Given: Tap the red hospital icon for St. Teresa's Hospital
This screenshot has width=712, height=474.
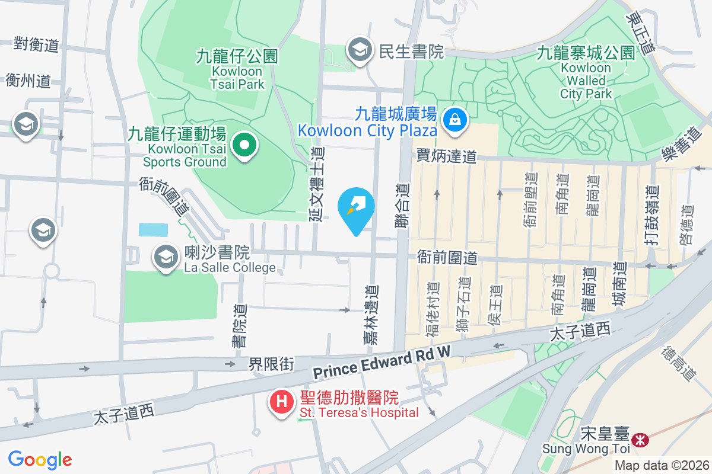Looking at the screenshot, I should pyautogui.click(x=282, y=402).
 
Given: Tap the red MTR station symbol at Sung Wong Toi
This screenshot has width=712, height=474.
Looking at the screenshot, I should pyautogui.click(x=640, y=440).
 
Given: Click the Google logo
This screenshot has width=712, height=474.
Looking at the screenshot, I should pyautogui.click(x=40, y=460).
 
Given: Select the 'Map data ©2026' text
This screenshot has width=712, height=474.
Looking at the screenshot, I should pyautogui.click(x=662, y=465).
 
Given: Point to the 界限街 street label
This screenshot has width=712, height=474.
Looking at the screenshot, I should pyautogui.click(x=271, y=364).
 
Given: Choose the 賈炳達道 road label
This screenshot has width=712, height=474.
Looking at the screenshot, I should pyautogui.click(x=446, y=156).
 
